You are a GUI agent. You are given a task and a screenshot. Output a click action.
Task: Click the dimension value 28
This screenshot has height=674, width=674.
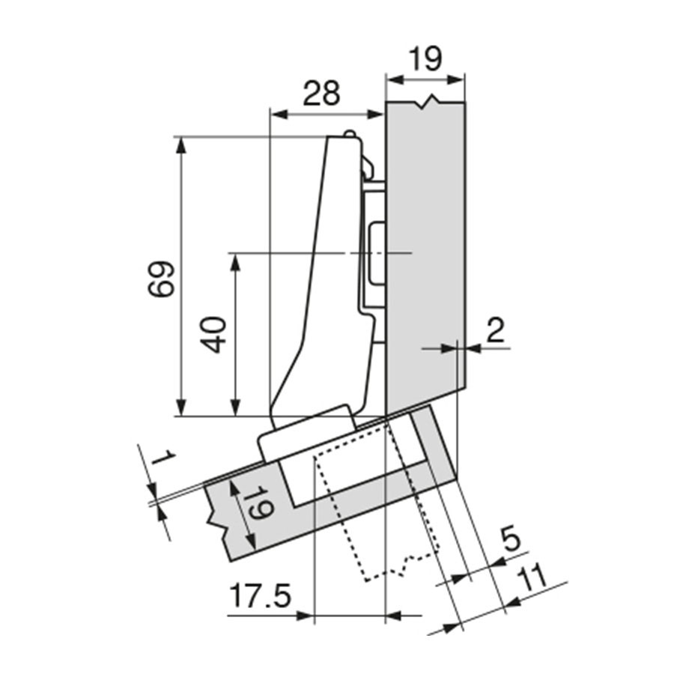[321, 94]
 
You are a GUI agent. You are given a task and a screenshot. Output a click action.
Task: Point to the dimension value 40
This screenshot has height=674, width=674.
[213, 335]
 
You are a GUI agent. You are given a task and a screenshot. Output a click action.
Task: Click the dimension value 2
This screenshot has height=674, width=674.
[496, 330]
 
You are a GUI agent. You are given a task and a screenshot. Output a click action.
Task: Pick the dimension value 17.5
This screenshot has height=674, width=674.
[261, 596]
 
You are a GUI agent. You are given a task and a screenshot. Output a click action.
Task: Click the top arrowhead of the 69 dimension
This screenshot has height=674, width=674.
[181, 145]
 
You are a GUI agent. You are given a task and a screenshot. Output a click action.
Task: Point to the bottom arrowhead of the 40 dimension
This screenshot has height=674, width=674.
[234, 408]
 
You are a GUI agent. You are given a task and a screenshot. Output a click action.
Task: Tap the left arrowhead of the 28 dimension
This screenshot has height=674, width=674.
[278, 115]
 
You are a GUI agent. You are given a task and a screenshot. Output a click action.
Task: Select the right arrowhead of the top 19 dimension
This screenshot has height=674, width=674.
[457, 79]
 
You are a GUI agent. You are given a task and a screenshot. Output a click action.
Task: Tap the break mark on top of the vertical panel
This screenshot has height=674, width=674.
[427, 103]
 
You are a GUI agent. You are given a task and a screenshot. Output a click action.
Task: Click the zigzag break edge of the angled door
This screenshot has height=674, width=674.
[216, 520]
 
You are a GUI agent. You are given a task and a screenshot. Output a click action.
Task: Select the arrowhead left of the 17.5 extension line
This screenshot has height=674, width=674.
[305, 616]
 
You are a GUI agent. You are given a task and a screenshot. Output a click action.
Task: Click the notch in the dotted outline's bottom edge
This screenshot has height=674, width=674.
[406, 565]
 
